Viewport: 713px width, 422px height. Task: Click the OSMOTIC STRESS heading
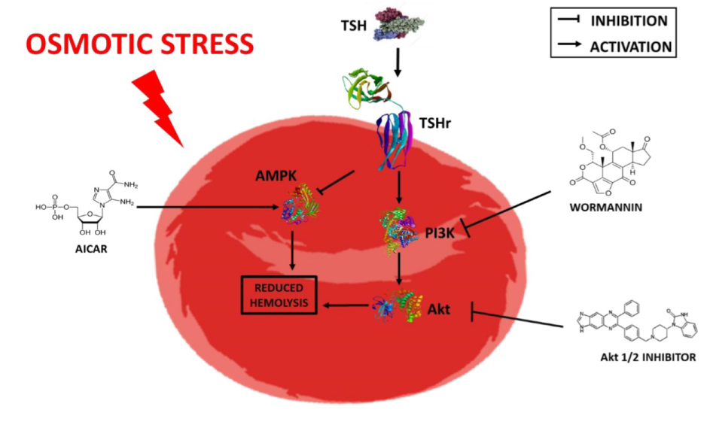pos(140,43)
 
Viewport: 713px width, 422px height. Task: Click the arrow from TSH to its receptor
pos(399,64)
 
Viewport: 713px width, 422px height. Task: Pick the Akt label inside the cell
pos(439,308)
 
